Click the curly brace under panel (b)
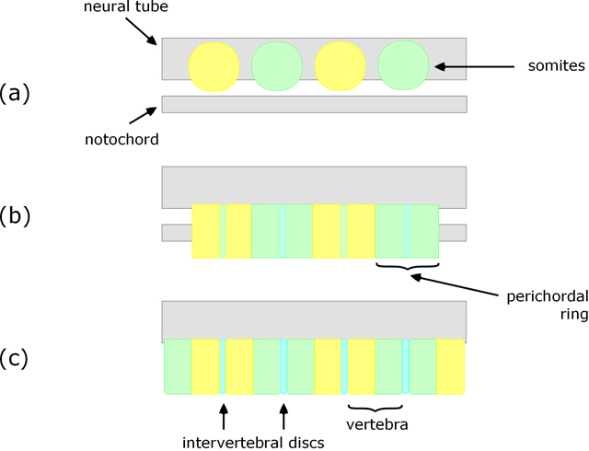407,268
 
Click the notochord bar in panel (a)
313,104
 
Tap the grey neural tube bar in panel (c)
313,319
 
